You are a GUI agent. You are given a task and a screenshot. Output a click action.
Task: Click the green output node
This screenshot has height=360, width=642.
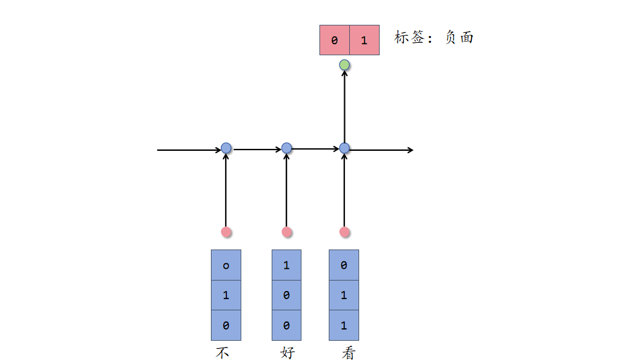(x=345, y=65)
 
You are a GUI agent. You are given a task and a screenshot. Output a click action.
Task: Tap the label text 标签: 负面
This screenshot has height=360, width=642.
(x=434, y=38)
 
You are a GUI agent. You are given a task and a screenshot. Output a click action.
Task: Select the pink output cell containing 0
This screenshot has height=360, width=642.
(x=334, y=40)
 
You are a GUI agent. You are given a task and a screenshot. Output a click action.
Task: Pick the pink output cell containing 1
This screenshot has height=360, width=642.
(x=364, y=40)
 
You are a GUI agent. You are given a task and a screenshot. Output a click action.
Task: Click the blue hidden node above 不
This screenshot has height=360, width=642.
(x=226, y=148)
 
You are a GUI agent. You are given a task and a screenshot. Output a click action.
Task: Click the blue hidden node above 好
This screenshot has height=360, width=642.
(x=286, y=148)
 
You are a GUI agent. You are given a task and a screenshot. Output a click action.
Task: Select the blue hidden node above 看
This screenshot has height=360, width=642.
(x=345, y=148)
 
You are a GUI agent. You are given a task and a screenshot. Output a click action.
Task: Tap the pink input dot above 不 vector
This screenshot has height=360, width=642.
(x=226, y=232)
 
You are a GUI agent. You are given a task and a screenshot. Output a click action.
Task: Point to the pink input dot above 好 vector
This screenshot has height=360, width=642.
(x=286, y=232)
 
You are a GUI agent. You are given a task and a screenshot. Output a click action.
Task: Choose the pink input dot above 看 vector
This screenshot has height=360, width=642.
(x=345, y=232)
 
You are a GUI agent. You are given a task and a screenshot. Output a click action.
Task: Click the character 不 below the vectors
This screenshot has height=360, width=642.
(x=223, y=353)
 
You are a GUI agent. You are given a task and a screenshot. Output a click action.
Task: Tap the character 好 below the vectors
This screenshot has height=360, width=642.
(x=287, y=353)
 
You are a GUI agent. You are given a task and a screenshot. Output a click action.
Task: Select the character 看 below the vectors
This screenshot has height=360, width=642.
(x=349, y=353)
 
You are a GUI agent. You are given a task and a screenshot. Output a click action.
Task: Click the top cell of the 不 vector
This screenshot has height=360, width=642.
(x=226, y=265)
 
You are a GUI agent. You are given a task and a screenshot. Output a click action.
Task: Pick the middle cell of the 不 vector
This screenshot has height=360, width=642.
(x=226, y=295)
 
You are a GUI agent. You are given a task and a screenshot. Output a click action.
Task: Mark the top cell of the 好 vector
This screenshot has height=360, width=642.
(x=286, y=265)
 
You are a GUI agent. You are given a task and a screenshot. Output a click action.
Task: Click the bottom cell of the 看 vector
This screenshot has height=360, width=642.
(x=344, y=325)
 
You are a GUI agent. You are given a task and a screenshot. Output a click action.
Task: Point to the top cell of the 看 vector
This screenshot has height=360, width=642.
(x=344, y=265)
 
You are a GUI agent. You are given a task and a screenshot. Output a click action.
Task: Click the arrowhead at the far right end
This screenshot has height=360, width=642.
(x=409, y=150)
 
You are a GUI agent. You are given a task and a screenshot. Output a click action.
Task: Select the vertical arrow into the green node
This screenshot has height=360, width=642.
(x=345, y=106)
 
